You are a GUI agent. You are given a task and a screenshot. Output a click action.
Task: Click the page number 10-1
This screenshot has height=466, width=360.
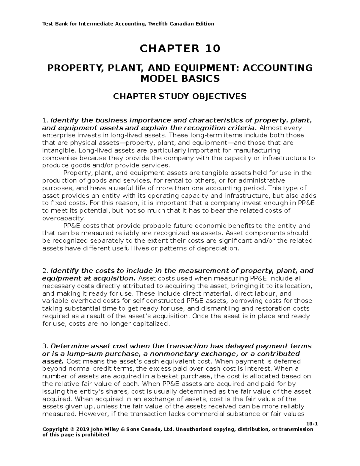(x=312, y=424)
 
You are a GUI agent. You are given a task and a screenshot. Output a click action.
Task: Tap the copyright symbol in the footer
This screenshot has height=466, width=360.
(x=67, y=429)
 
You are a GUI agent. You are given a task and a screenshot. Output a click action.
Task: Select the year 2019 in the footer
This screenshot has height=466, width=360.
(x=76, y=429)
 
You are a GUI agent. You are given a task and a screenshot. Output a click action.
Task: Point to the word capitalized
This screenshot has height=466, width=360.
(x=150, y=324)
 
